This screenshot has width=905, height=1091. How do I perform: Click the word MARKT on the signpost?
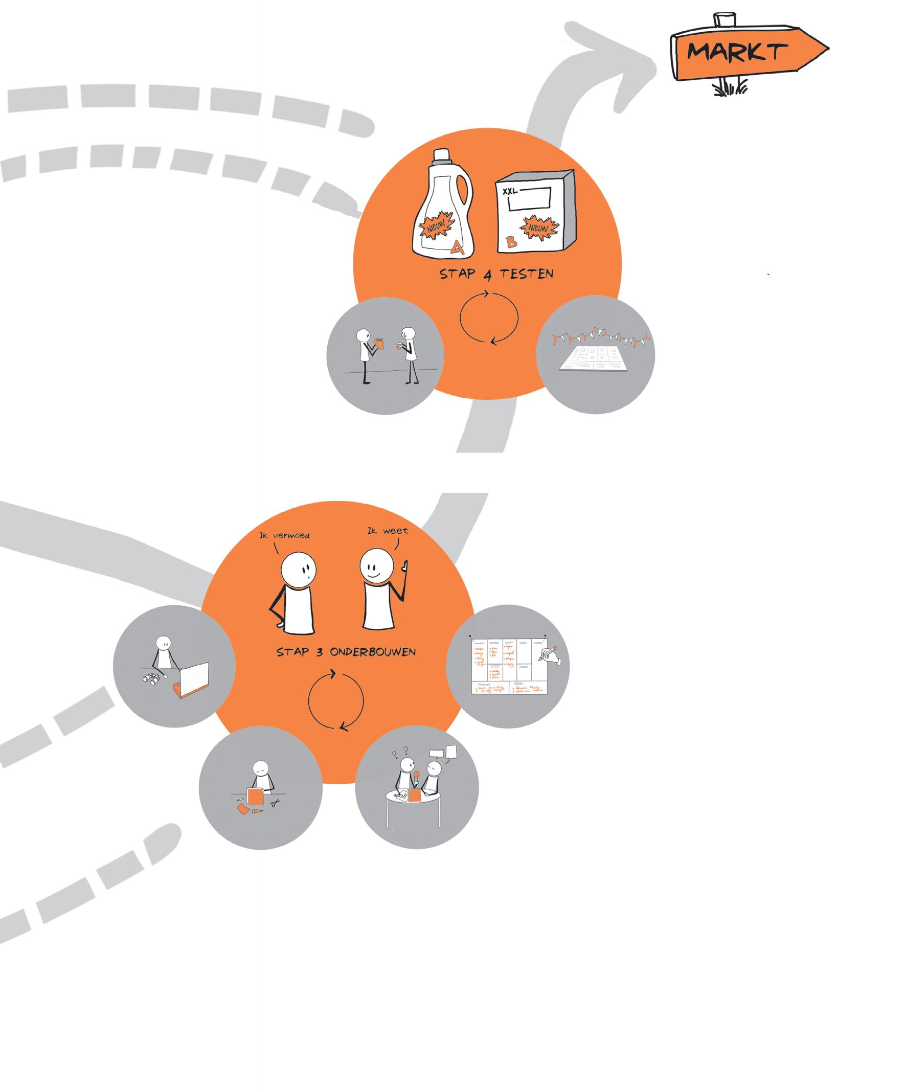(737, 52)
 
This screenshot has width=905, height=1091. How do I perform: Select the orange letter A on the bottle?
(457, 248)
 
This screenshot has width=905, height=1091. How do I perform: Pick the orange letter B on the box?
(512, 240)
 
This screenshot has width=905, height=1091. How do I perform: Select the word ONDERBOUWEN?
(373, 652)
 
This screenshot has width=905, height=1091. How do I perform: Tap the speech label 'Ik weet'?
(388, 531)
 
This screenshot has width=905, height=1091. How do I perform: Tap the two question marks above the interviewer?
(400, 751)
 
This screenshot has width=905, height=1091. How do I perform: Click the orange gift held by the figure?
(380, 343)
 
